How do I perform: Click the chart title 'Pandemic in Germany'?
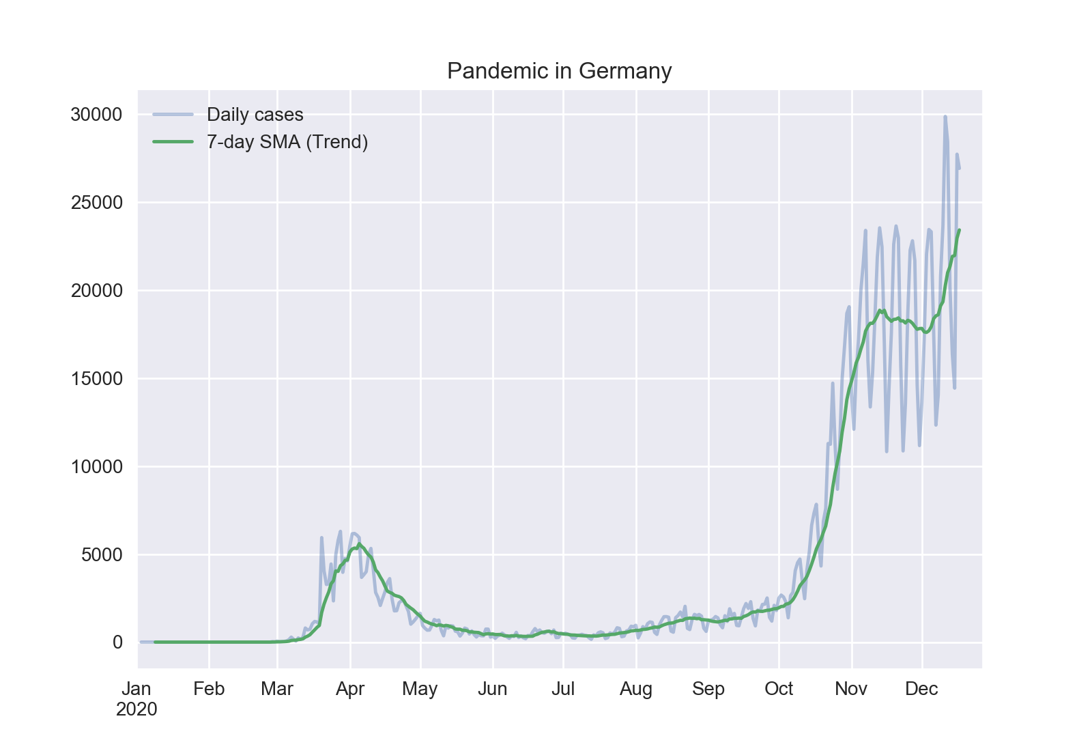[x=559, y=71]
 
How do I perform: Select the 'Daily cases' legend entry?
[x=255, y=115]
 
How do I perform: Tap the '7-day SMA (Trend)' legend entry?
[x=287, y=142]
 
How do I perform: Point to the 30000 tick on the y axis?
[x=96, y=115]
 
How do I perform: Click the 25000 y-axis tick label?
[x=96, y=203]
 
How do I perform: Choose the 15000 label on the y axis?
[x=96, y=379]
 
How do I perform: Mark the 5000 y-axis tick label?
[x=102, y=555]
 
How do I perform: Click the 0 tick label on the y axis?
[x=117, y=642]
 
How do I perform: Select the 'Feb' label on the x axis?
[x=209, y=689]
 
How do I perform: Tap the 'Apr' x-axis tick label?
[x=350, y=689]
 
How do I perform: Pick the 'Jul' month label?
[x=563, y=689]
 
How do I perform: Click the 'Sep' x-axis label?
[x=708, y=689]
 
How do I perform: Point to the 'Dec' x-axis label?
[x=921, y=689]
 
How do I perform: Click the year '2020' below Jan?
[x=136, y=710]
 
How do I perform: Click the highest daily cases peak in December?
[x=945, y=117]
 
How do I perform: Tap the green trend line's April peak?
[x=360, y=544]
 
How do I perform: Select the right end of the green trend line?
[x=960, y=230]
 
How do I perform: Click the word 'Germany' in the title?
[x=625, y=71]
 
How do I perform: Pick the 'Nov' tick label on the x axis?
[x=851, y=689]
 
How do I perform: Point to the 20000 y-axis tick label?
[x=96, y=291]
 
